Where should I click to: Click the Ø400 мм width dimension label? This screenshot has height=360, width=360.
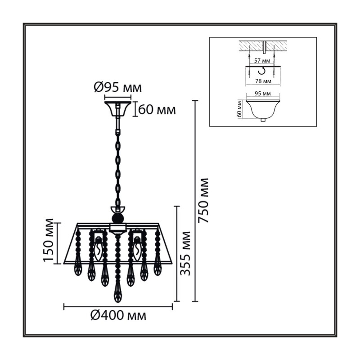coord(118,315)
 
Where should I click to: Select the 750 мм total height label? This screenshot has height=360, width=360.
coord(204,201)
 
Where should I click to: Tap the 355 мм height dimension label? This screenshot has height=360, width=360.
coord(185,253)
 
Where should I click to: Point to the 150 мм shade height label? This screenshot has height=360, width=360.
coord(48,240)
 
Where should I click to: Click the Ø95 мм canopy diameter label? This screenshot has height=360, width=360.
coord(118,87)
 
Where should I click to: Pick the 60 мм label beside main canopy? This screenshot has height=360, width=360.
coord(157,110)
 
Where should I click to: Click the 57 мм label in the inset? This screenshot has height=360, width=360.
coord(262,61)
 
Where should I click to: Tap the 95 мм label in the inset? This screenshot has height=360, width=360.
coord(263,94)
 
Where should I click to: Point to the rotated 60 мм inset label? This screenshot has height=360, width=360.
coord(239,109)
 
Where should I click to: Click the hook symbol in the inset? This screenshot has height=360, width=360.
coord(262,71)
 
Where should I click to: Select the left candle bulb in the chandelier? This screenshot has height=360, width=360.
coord(98,250)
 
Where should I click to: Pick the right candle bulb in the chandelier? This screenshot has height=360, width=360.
coord(137,250)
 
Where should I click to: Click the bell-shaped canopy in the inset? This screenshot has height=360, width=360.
coord(263,109)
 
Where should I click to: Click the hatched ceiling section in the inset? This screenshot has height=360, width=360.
coord(263,46)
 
